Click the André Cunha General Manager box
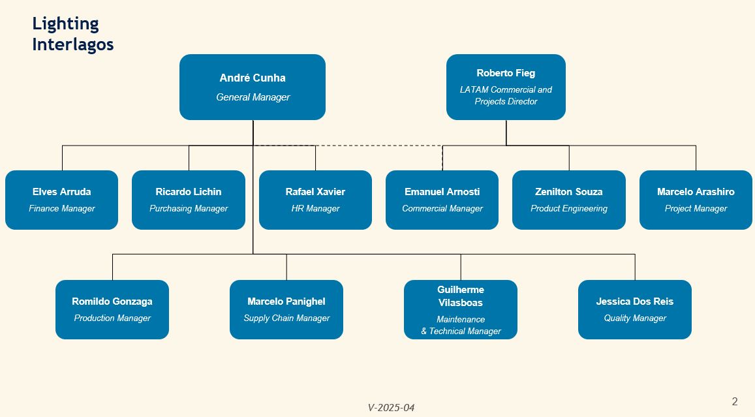[x=253, y=87]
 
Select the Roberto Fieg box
[x=506, y=87]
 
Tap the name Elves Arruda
[x=61, y=192]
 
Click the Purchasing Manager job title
[x=189, y=209]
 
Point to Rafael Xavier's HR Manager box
[x=315, y=200]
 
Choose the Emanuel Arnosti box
[x=442, y=200]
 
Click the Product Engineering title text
[x=568, y=209]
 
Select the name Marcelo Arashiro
[x=696, y=192]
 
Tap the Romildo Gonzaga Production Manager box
[x=112, y=309]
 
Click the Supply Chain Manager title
[x=286, y=318]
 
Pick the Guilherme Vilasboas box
[x=461, y=309]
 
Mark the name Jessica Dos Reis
[x=635, y=301]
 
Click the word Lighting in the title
[x=65, y=24]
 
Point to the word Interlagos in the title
[x=72, y=44]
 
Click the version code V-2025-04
[x=391, y=407]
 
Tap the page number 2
[x=735, y=401]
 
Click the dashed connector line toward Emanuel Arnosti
[x=348, y=146]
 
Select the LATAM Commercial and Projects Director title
[x=506, y=95]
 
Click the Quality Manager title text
[x=635, y=318]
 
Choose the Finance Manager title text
[x=61, y=209]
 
